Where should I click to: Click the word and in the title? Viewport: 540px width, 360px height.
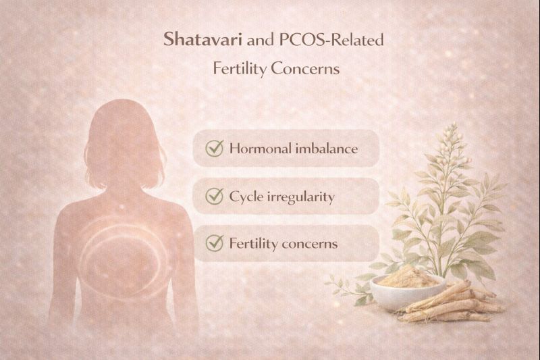tap(260, 41)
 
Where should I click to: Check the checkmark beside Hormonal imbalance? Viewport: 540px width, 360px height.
tap(215, 149)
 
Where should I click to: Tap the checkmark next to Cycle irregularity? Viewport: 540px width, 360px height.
tap(215, 197)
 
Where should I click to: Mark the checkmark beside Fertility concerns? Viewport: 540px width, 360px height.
tap(215, 243)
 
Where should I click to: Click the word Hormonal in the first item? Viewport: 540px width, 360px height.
tap(261, 149)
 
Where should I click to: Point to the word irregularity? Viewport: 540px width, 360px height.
tap(300, 197)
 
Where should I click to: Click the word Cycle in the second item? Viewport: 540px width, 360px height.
tap(246, 197)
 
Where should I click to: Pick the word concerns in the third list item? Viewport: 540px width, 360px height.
tap(308, 243)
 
